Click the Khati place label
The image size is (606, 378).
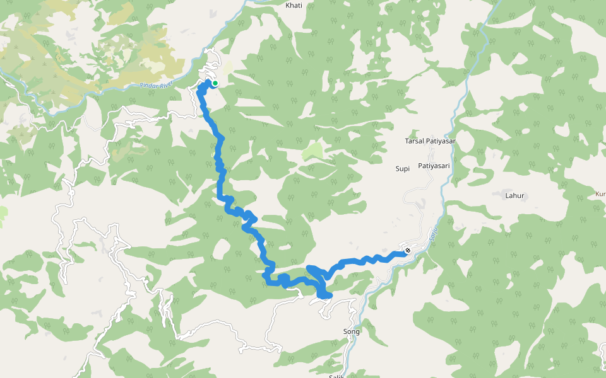point(294,5)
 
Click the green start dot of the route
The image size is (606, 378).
point(215,83)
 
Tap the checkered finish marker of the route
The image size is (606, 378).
point(408,251)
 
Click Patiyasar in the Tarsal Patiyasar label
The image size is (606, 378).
point(441,141)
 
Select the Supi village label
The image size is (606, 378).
point(403,168)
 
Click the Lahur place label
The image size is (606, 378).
point(514,196)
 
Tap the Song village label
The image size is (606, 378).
point(351,331)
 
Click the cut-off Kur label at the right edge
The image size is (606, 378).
point(600,194)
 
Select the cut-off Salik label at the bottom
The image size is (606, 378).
point(336,376)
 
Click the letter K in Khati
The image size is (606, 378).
point(288,5)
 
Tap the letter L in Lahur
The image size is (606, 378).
point(507,196)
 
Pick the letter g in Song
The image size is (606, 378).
point(357,332)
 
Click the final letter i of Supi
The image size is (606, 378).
point(409,168)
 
